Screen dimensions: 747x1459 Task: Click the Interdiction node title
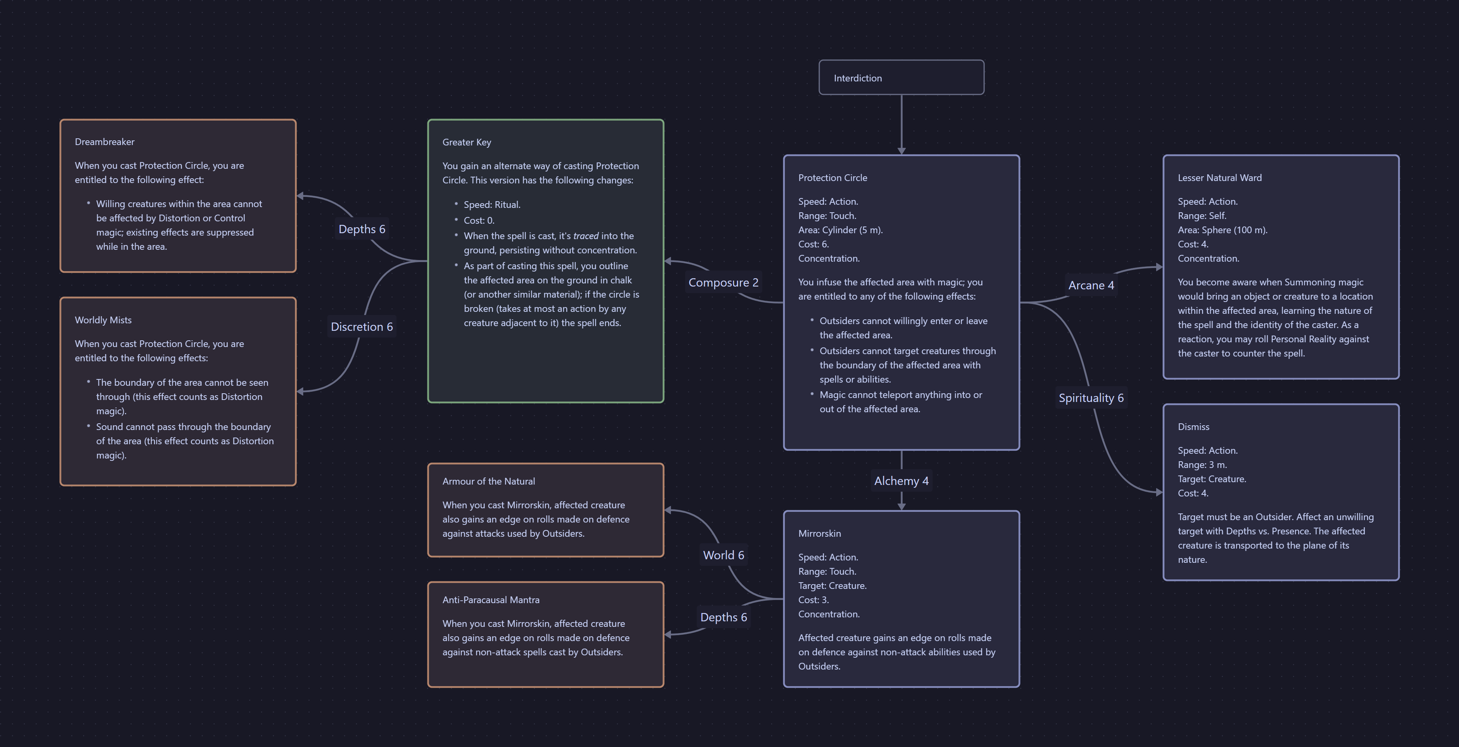pyautogui.click(x=858, y=78)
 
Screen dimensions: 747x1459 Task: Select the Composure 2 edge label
pyautogui.click(x=723, y=283)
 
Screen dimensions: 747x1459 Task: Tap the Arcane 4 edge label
pyautogui.click(x=1091, y=285)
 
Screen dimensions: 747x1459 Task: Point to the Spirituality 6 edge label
pyautogui.click(x=1091, y=398)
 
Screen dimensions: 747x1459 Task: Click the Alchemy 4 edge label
pyautogui.click(x=901, y=481)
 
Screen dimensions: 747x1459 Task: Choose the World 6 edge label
pyautogui.click(x=723, y=555)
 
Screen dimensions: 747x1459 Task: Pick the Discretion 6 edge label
pyautogui.click(x=361, y=327)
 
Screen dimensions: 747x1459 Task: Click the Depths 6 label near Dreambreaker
pyautogui.click(x=361, y=229)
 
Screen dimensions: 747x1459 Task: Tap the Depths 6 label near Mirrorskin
pyautogui.click(x=723, y=617)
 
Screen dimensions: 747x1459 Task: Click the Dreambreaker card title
pyautogui.click(x=105, y=141)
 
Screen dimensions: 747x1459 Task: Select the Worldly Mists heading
pyautogui.click(x=103, y=320)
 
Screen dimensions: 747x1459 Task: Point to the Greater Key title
pyautogui.click(x=467, y=142)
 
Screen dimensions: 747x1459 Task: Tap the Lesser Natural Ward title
pyautogui.click(x=1219, y=178)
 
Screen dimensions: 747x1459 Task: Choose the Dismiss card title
pyautogui.click(x=1193, y=427)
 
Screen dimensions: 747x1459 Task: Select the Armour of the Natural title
pyautogui.click(x=488, y=481)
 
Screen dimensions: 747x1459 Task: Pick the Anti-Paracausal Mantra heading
pyautogui.click(x=491, y=600)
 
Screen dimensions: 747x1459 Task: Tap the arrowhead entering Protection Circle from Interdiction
pyautogui.click(x=901, y=151)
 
